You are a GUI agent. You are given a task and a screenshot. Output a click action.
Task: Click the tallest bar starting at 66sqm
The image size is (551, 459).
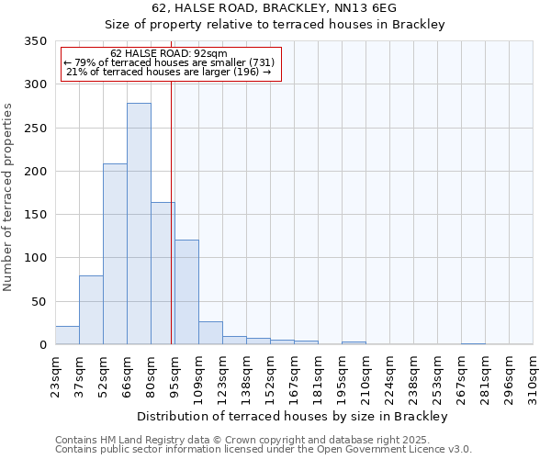click(x=139, y=224)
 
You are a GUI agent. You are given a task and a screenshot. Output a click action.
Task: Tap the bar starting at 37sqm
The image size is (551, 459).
click(x=91, y=310)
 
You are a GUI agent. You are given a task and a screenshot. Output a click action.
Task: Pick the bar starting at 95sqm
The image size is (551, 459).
click(x=186, y=292)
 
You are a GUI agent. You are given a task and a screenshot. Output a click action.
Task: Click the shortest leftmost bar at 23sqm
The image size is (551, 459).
click(x=67, y=335)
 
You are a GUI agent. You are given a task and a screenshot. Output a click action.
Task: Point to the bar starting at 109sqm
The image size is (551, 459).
click(x=210, y=333)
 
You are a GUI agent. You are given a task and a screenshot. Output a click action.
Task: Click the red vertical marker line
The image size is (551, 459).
click(x=172, y=211)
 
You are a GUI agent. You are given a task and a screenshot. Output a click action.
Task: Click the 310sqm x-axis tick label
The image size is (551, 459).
click(x=534, y=376)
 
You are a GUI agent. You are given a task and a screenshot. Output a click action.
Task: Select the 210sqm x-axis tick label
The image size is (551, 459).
click(x=365, y=376)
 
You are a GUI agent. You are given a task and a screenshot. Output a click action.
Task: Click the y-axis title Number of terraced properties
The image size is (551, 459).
click(x=8, y=197)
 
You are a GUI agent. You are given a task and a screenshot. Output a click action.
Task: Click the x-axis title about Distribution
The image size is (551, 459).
click(x=293, y=416)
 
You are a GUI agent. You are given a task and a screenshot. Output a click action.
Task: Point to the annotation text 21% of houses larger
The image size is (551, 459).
click(x=169, y=72)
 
